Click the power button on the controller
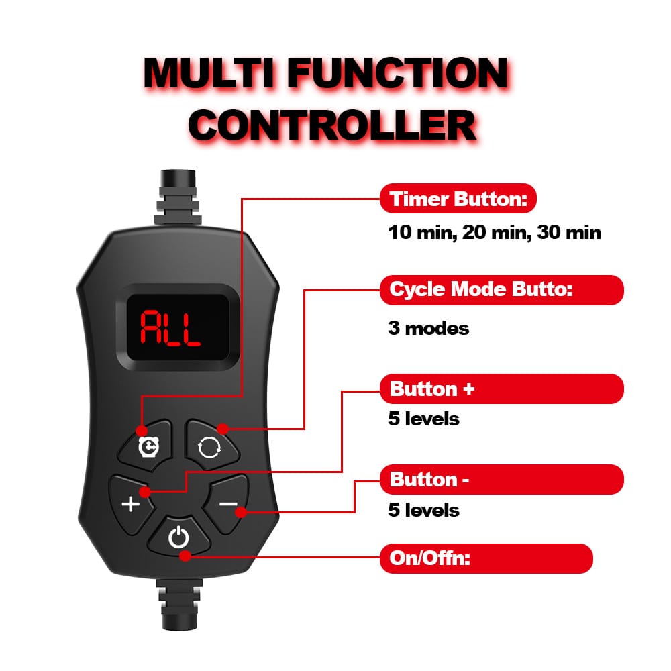pos(178,537)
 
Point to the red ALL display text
pos(170,327)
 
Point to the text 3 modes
pos(428,329)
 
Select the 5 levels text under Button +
pos(423,419)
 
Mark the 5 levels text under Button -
pos(423,510)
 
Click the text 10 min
pos(420,234)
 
